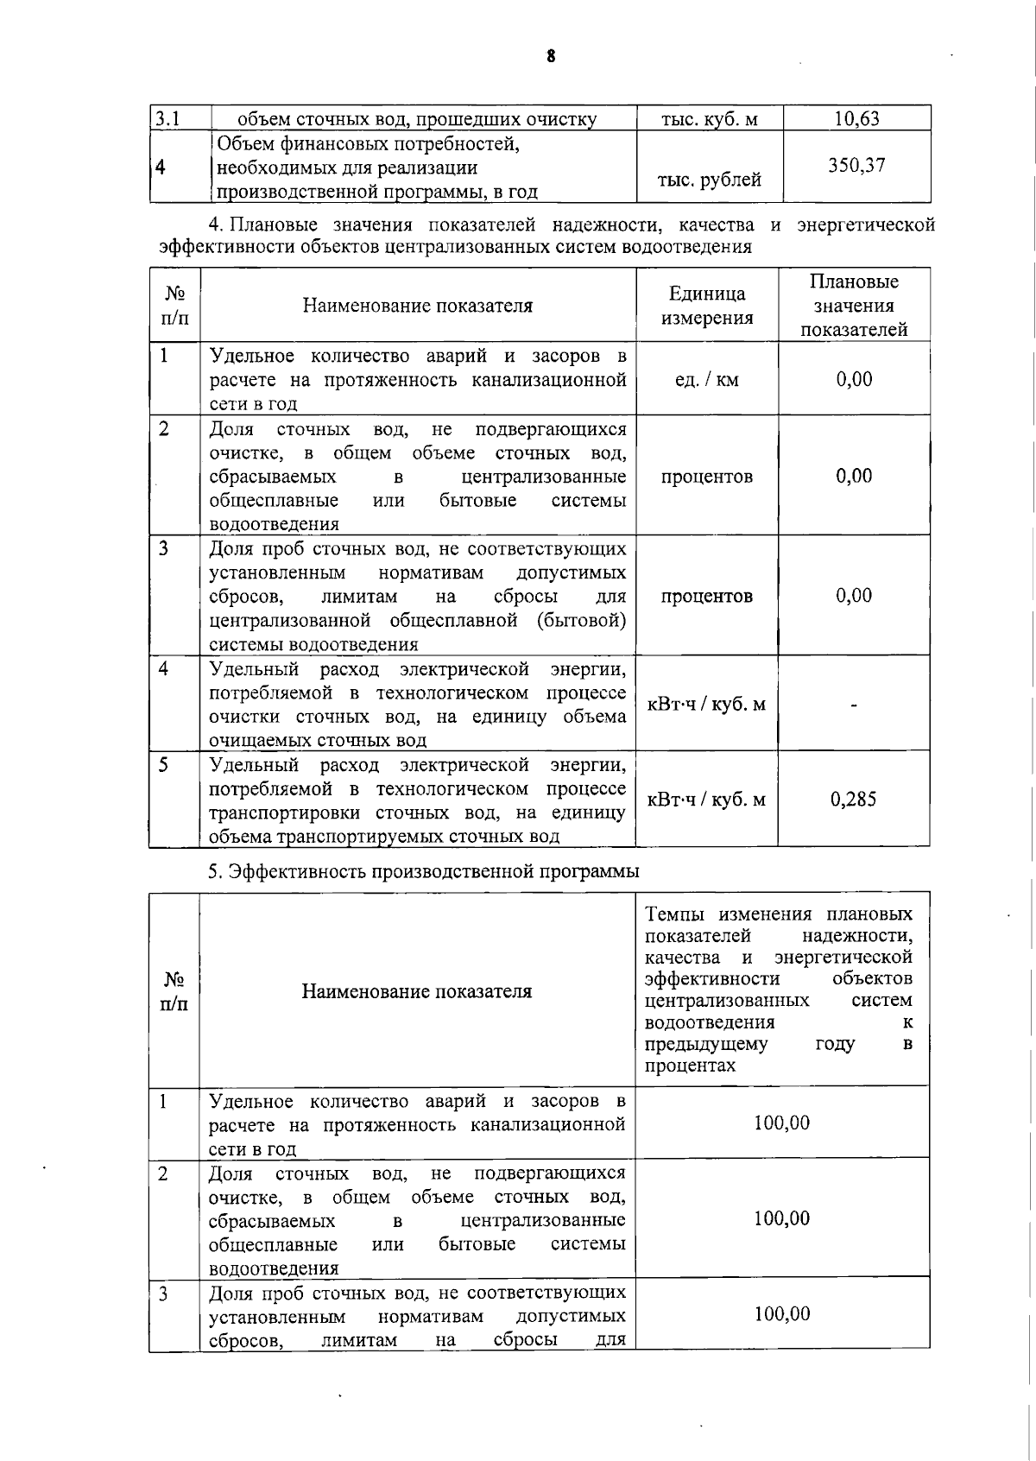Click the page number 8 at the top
(x=551, y=57)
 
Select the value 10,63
(x=856, y=119)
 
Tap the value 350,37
(x=856, y=166)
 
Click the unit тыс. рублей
(x=709, y=180)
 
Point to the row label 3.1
(x=167, y=118)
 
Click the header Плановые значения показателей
(x=854, y=306)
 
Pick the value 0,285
(x=853, y=800)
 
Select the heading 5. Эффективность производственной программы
(x=423, y=871)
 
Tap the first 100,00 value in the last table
(x=781, y=1123)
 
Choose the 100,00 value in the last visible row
(x=781, y=1314)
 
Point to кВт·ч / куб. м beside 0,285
(x=706, y=800)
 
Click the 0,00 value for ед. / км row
(x=853, y=380)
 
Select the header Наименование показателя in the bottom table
(x=416, y=991)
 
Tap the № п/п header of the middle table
(x=174, y=306)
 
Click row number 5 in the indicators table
(x=163, y=765)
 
